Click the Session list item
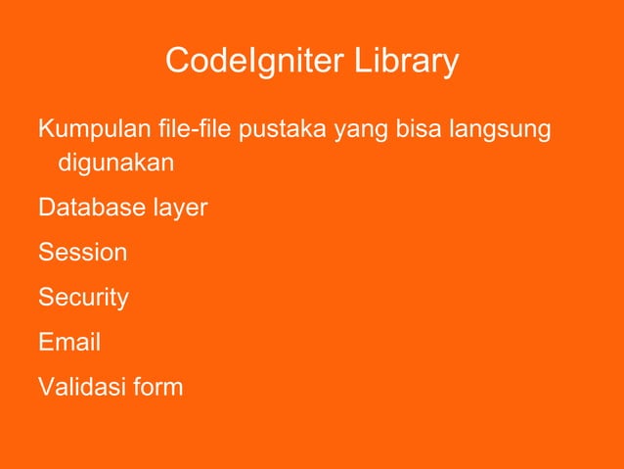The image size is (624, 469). coord(82,253)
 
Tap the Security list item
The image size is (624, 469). coord(83,297)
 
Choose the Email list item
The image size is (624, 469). coord(68,343)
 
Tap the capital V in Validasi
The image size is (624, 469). coord(45,388)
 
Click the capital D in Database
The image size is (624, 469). coord(45,210)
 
